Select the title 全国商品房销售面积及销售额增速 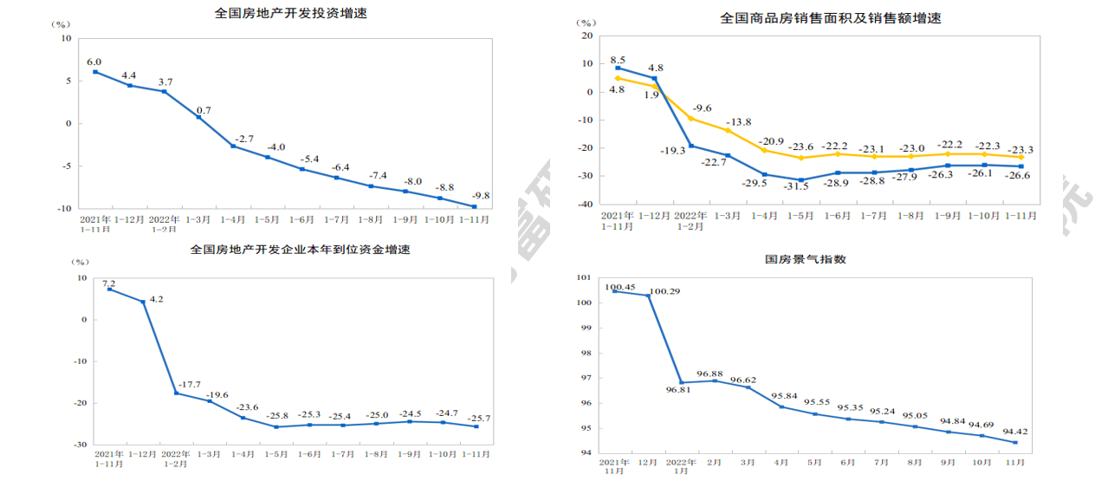[831, 18]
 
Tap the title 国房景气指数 [805, 258]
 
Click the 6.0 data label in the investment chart [94, 62]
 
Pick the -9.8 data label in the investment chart [480, 196]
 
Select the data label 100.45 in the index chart [620, 287]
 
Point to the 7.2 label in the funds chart [109, 283]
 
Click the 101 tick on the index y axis [583, 277]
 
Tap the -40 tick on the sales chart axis [586, 204]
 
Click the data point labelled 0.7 [198, 117]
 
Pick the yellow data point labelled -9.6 [691, 118]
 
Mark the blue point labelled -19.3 [691, 146]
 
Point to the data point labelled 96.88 [715, 380]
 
